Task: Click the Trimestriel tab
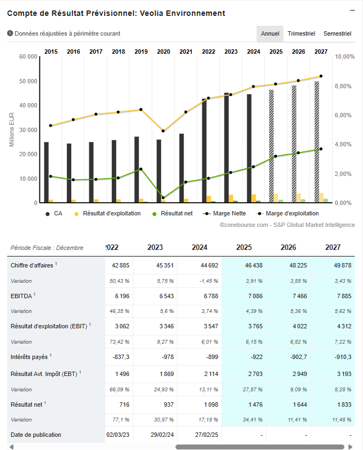[301, 33]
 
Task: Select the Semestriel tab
[337, 33]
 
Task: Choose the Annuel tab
[270, 33]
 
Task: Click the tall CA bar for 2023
[226, 148]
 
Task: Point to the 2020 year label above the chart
[163, 52]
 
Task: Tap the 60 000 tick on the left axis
[27, 57]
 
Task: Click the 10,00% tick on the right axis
[345, 57]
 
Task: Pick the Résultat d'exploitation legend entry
[111, 213]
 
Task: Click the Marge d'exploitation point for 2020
[163, 131]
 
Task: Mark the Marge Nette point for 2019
[141, 169]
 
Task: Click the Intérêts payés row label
[29, 356]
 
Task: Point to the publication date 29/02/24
[163, 435]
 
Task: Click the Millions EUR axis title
[12, 129]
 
